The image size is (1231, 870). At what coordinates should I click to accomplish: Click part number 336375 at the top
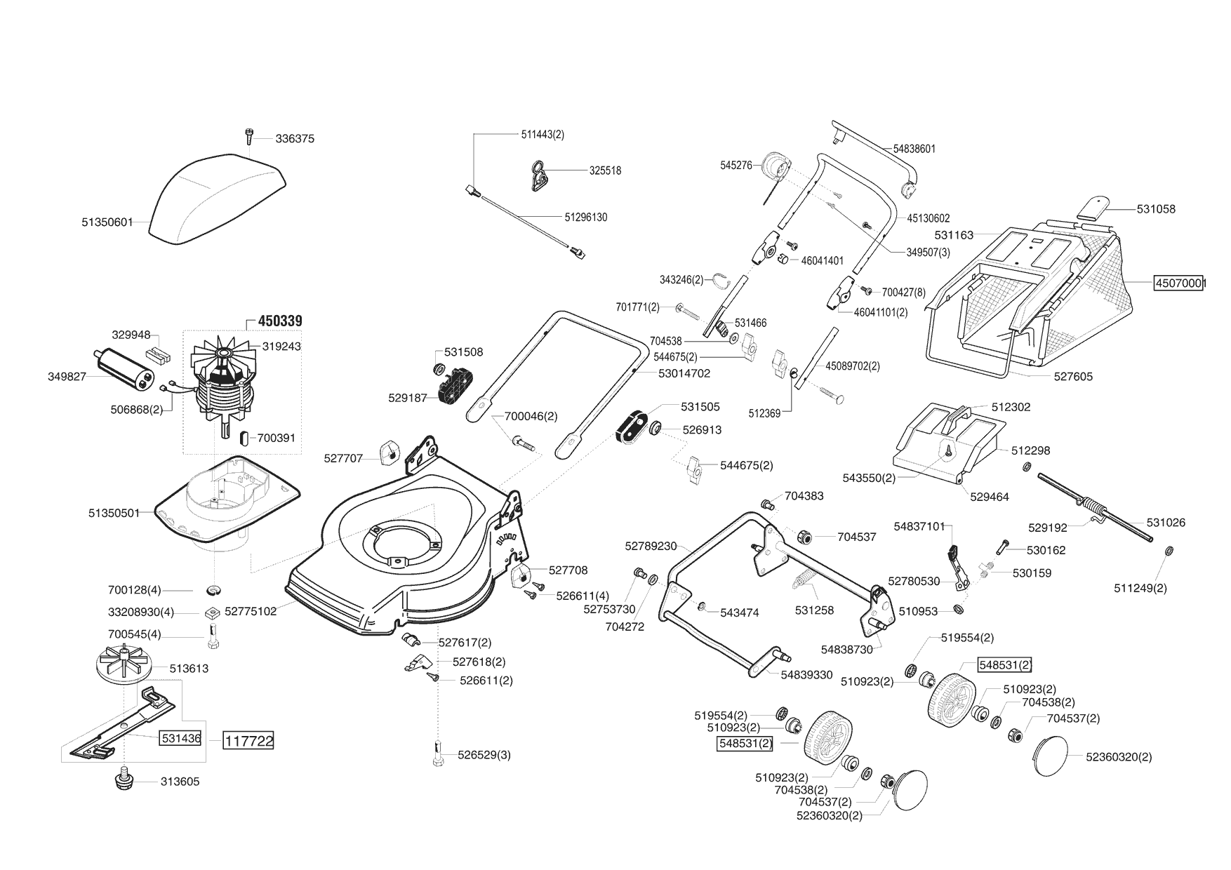(295, 139)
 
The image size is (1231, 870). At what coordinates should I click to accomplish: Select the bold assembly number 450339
(280, 321)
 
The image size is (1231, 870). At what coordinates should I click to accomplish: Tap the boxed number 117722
(248, 740)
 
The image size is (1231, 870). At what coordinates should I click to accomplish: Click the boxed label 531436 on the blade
(181, 738)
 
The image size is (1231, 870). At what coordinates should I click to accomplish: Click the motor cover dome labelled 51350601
(211, 200)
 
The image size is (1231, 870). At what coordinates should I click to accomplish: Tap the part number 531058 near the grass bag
(1156, 209)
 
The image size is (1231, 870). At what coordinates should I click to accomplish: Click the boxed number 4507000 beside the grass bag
(1180, 283)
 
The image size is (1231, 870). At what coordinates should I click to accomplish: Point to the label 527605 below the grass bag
(1073, 377)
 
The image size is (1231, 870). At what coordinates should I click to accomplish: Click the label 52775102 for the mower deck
(251, 612)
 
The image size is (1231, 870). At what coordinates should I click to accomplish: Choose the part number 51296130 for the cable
(586, 217)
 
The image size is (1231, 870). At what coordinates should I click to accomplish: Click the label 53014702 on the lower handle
(684, 373)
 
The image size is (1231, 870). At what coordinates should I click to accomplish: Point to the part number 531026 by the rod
(1166, 523)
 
